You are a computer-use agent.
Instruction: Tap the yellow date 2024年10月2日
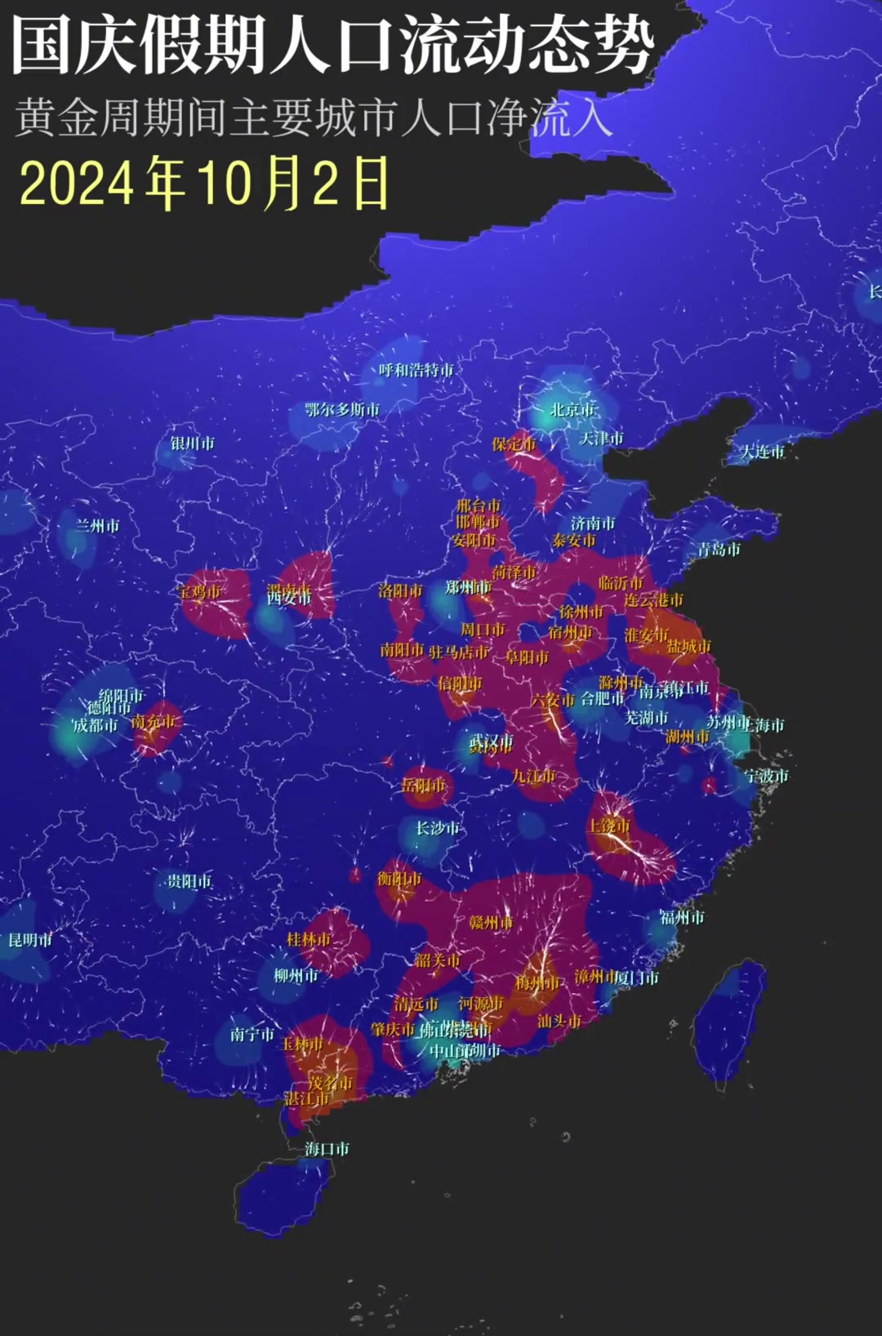coord(204,183)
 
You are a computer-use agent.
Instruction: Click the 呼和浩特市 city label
coord(416,370)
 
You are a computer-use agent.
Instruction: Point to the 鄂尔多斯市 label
coord(342,409)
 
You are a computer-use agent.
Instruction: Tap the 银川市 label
coord(193,443)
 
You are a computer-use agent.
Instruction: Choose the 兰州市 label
coord(97,526)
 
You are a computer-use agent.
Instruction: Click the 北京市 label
coord(573,409)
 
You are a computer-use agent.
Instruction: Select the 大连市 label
coord(763,452)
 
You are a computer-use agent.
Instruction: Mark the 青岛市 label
coord(719,550)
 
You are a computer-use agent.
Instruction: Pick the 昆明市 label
coord(30,940)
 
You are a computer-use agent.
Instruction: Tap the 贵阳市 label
coord(189,881)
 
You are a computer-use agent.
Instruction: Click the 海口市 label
coord(327,1149)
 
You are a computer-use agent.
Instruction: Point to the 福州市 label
coord(682,918)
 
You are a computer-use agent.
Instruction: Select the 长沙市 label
coord(438,828)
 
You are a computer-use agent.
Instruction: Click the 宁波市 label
coord(766,776)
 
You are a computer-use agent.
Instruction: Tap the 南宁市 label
coord(252,1035)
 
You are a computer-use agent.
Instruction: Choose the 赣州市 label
coord(491,923)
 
